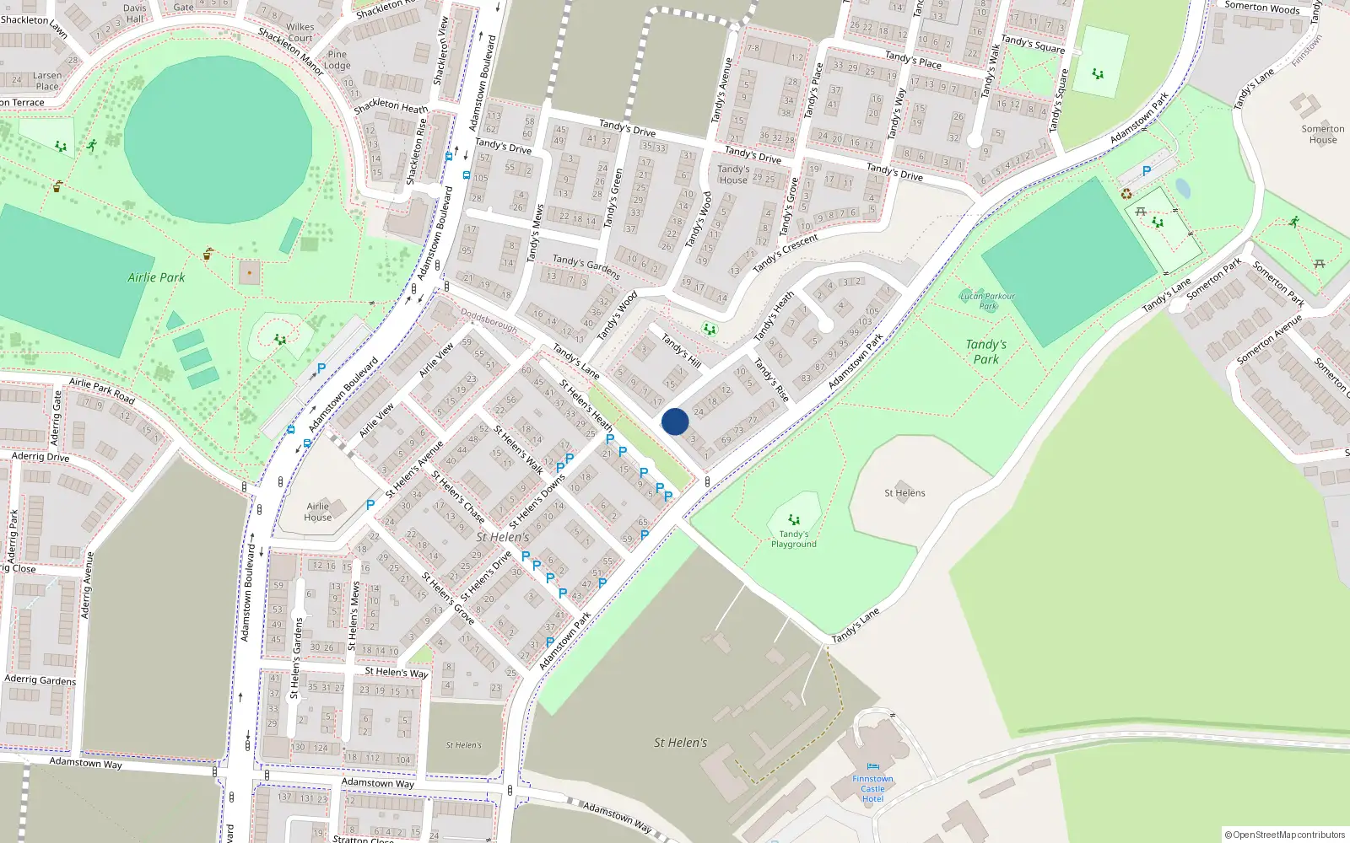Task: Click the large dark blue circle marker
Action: point(675,421)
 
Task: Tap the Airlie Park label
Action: point(156,277)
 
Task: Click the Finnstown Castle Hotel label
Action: point(872,789)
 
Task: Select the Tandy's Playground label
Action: point(793,540)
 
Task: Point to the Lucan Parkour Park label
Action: point(987,301)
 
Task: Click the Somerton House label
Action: point(1322,135)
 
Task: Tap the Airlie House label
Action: point(318,512)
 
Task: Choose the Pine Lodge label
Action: point(337,60)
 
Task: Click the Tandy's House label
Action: point(733,175)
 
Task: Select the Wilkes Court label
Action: point(300,33)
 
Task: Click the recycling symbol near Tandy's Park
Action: point(1126,194)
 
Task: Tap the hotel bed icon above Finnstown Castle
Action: point(872,767)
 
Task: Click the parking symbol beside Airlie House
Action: point(370,505)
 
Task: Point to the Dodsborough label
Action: point(489,320)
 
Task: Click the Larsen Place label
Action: point(47,81)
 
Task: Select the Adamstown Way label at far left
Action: point(85,763)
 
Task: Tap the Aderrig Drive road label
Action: point(40,457)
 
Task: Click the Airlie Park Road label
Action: point(101,390)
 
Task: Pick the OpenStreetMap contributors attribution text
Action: point(1284,835)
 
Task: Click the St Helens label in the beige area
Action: point(904,493)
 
